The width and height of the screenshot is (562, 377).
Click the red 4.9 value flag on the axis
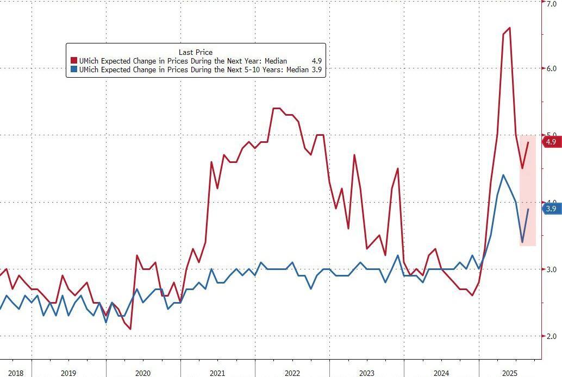(551, 142)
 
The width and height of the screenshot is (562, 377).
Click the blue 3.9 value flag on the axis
(551, 209)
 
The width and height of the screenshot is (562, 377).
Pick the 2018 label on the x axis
(15, 373)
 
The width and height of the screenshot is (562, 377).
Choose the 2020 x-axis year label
(143, 373)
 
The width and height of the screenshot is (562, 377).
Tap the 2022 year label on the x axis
(292, 373)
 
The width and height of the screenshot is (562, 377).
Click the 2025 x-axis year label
(509, 373)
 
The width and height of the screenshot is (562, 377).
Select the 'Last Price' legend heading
(196, 52)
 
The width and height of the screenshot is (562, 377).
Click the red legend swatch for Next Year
(73, 61)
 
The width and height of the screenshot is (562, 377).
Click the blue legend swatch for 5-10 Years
(73, 70)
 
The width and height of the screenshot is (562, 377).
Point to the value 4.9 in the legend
(317, 61)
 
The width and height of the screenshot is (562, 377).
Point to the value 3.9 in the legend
(317, 70)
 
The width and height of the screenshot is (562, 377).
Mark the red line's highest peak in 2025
(509, 28)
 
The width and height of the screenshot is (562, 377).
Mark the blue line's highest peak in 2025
(503, 175)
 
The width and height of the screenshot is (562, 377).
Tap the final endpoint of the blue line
(528, 209)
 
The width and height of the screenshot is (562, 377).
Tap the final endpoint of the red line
(528, 142)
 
